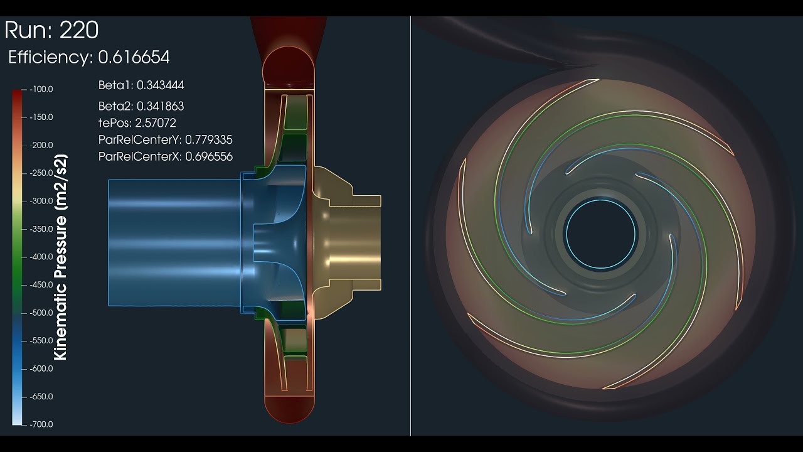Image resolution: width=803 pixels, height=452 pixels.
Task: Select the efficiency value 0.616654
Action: [134, 58]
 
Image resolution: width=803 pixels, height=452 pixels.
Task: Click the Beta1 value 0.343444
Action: [160, 85]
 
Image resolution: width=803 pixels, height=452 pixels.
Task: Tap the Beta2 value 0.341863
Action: [160, 106]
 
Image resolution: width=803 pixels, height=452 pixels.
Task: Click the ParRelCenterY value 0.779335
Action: [208, 140]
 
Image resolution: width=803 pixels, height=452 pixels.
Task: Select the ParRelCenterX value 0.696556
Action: [208, 156]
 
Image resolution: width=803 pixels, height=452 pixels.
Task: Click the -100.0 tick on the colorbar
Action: [41, 89]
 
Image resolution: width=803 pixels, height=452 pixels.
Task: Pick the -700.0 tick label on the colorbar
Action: [41, 424]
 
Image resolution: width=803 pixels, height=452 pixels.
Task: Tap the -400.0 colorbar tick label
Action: [41, 257]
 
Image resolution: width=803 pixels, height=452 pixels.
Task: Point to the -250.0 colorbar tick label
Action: [41, 173]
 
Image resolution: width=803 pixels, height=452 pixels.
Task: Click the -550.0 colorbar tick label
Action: [41, 341]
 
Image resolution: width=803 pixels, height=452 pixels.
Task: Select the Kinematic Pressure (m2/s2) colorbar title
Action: [61, 257]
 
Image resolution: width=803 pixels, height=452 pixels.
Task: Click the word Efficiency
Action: [50, 58]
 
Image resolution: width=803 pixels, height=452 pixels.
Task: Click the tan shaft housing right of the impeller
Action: [351, 242]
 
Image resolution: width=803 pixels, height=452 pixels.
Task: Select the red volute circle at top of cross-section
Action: [288, 67]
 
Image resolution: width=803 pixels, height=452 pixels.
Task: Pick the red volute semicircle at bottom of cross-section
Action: [288, 408]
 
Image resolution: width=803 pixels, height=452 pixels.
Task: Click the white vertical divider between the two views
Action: [410, 226]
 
